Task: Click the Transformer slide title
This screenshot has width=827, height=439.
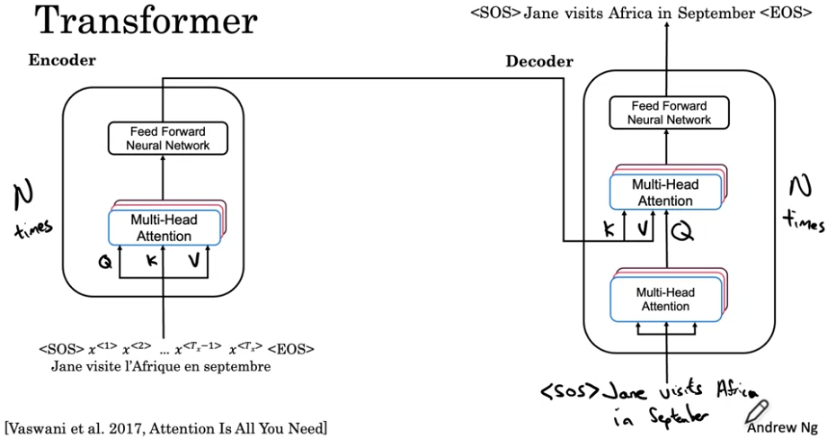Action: coord(146,20)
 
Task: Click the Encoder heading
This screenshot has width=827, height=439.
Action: coord(62,60)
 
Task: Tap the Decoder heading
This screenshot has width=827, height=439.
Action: coord(539,61)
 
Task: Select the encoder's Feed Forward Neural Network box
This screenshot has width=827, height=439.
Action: coord(168,139)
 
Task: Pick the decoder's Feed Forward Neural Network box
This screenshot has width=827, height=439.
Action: coord(670,112)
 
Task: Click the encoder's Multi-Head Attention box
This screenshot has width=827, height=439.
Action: coord(164,228)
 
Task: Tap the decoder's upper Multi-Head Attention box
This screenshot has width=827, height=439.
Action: coord(665,193)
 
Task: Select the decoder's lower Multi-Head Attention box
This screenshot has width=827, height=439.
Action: coord(665,300)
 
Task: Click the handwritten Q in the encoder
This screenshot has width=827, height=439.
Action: coord(105,262)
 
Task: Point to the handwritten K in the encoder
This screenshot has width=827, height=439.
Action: coord(152,260)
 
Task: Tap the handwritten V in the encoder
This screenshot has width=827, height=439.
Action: coord(193,260)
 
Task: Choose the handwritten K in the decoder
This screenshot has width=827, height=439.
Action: coord(609,228)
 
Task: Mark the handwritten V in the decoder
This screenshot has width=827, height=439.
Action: coord(643,228)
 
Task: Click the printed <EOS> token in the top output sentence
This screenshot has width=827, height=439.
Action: coord(786,13)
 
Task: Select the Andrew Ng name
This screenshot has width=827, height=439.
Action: coord(782,427)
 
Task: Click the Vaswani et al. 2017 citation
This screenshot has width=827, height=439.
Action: coord(166,428)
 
